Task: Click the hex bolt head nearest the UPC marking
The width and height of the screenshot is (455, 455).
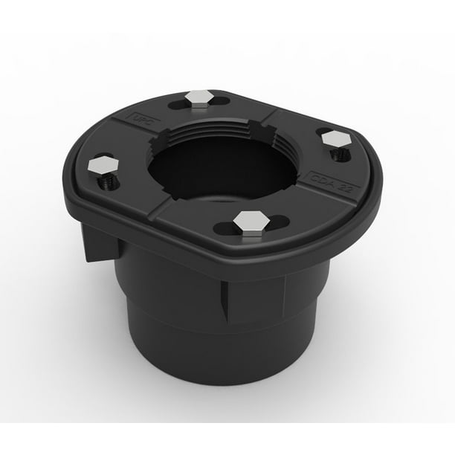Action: click(199, 97)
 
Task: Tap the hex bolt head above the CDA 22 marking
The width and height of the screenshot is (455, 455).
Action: click(335, 139)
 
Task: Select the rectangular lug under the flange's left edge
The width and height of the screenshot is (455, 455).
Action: click(97, 242)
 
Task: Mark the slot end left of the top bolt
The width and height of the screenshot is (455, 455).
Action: click(175, 103)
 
